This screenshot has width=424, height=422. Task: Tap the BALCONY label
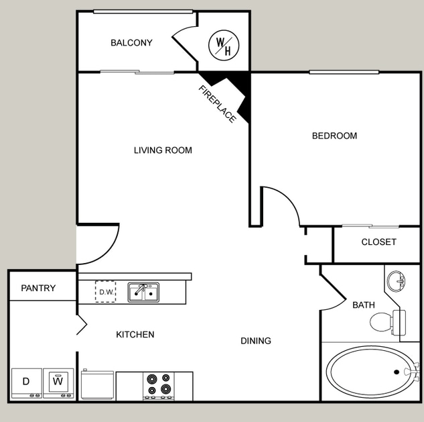pos(131,43)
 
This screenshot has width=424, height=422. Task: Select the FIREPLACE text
pos(217,104)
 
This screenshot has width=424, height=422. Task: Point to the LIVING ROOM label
pos(163,150)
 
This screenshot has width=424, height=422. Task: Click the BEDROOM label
pos(334,136)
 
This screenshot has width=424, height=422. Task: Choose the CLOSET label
pos(378,242)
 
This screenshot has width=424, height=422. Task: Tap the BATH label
pos(364,305)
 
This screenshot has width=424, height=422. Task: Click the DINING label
pos(256,341)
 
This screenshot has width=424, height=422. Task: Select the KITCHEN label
pos(135,334)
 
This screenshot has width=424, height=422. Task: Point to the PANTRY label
pos(38,288)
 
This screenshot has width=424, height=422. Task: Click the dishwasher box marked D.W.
pos(106,292)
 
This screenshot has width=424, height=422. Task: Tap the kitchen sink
pos(143,293)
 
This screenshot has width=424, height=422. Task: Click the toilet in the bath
pos(385,321)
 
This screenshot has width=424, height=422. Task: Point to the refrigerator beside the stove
pos(97,385)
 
